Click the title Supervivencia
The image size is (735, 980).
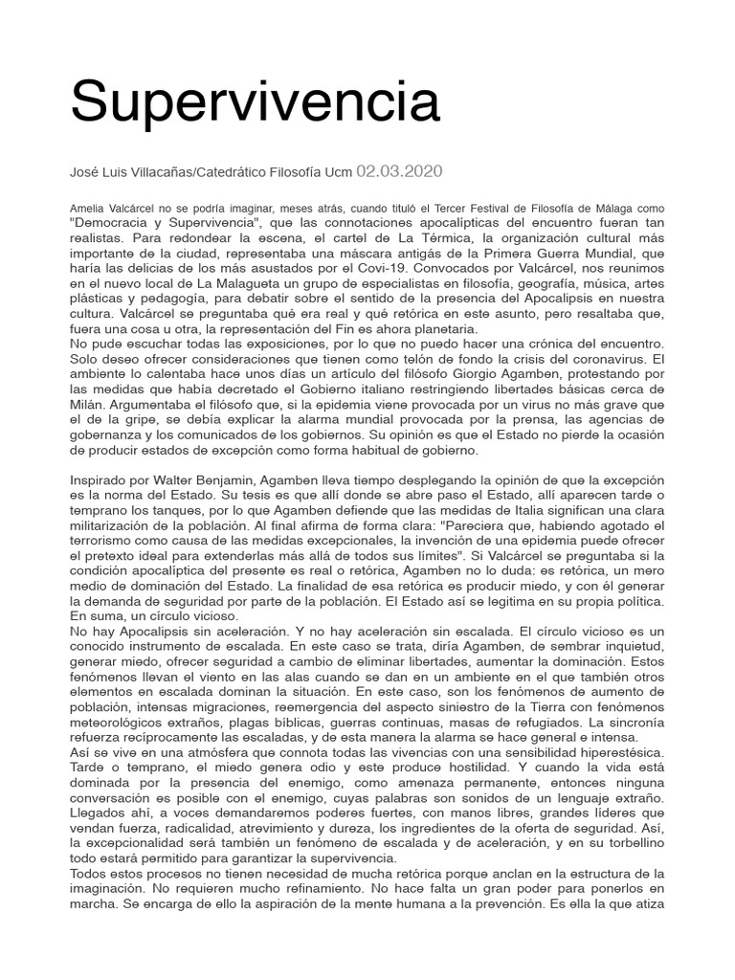coord(255,101)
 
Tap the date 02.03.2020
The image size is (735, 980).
coord(399,171)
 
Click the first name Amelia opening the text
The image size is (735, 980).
coord(88,208)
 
